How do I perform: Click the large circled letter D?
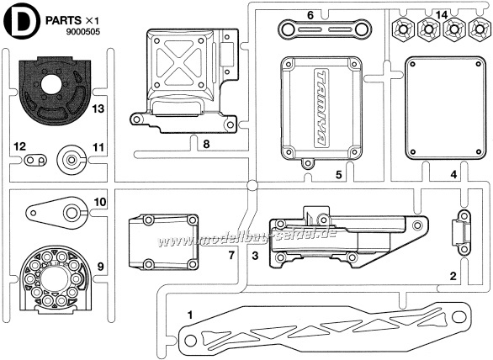[x=21, y=21]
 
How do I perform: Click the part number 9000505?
[x=83, y=32]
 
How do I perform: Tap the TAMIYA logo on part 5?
[x=321, y=107]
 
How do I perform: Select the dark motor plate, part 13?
[x=55, y=91]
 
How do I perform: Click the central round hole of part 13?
[x=51, y=83]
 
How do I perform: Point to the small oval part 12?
[x=35, y=161]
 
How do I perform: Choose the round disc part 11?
[x=72, y=160]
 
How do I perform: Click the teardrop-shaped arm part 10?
[x=56, y=213]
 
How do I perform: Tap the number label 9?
[x=100, y=267]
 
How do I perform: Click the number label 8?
[x=206, y=144]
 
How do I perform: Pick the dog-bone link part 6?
[x=325, y=29]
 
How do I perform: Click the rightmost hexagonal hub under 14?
[x=480, y=29]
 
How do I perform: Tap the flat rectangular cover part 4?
[x=445, y=109]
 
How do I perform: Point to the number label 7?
[x=231, y=256]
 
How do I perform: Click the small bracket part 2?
[x=463, y=233]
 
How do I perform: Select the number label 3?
[x=255, y=256]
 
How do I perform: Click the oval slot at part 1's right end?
[x=459, y=316]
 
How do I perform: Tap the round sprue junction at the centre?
[x=252, y=186]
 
